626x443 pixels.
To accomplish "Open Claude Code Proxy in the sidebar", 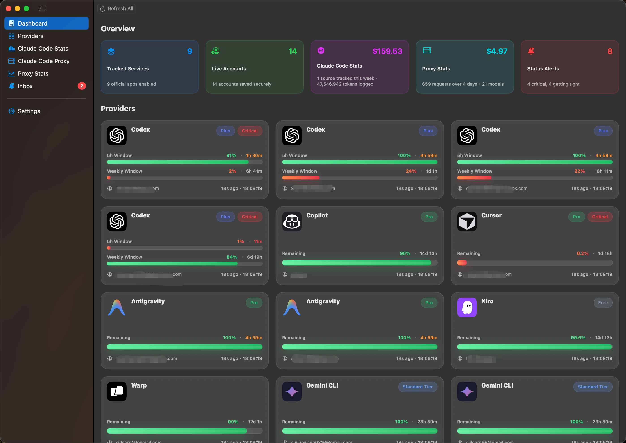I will click(x=43, y=61).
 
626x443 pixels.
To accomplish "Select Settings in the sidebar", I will click(x=29, y=111).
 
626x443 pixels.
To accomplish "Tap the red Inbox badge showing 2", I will click(x=82, y=86).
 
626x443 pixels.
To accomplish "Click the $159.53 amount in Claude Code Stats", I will click(x=387, y=51).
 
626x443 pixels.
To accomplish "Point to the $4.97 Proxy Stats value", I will click(x=497, y=51).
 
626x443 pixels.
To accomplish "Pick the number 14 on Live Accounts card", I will click(x=292, y=51).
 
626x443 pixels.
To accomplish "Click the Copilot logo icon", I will click(x=292, y=221).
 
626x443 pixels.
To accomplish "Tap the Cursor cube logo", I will click(x=467, y=221).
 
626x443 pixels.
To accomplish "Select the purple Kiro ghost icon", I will click(x=467, y=307).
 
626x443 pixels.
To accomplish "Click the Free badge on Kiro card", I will click(x=603, y=303).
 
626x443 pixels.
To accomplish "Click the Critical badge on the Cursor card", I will click(x=600, y=217).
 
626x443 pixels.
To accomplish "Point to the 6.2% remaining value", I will click(x=582, y=253).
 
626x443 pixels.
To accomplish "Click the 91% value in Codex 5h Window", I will click(x=231, y=155).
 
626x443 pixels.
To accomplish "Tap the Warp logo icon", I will click(x=117, y=392).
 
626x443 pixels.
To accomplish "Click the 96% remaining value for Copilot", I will click(x=405, y=253).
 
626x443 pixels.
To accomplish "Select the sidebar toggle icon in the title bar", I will click(x=42, y=9).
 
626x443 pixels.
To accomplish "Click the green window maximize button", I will click(x=26, y=9).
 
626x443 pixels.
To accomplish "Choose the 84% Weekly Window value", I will click(x=232, y=257).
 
